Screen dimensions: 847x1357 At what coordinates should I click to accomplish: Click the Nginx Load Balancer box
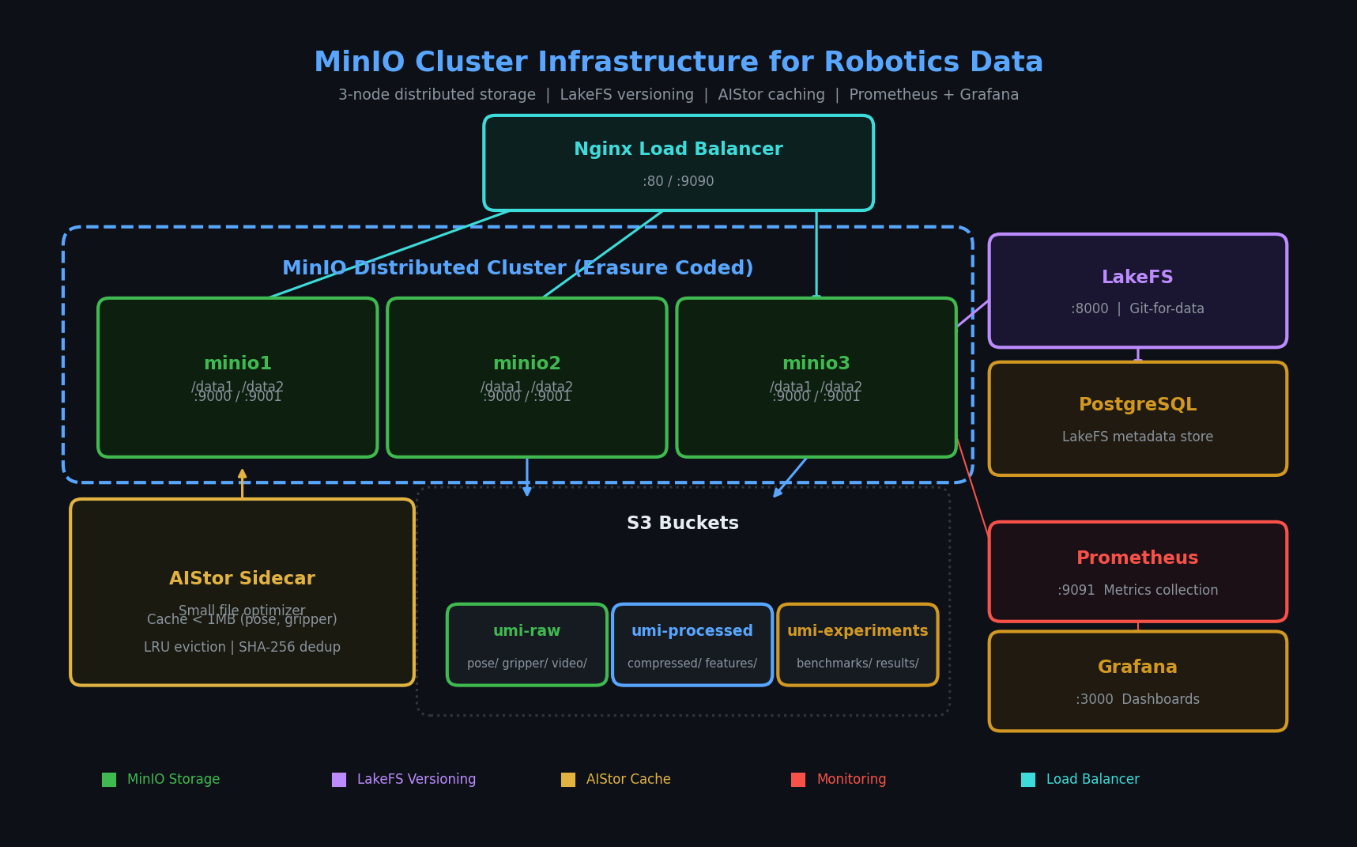tap(678, 163)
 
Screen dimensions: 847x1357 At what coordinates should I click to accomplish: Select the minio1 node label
tap(238, 364)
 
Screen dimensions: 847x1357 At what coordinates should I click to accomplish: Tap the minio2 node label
tap(527, 364)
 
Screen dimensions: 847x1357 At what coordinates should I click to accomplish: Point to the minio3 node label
tap(816, 364)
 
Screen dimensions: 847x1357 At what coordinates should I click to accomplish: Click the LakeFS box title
tap(1137, 278)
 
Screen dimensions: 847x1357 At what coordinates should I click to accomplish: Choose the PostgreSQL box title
tap(1137, 405)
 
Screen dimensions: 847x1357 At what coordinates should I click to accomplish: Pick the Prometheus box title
tap(1137, 558)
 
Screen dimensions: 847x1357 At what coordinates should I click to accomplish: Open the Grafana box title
tap(1137, 667)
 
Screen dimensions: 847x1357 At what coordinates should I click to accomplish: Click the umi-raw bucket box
tap(527, 645)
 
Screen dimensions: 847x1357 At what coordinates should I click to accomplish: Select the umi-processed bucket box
tap(692, 645)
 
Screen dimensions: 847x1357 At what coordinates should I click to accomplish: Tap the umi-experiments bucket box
tap(858, 645)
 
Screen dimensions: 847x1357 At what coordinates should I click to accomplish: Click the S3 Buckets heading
tap(683, 524)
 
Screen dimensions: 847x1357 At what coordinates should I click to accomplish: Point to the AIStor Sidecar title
tap(242, 579)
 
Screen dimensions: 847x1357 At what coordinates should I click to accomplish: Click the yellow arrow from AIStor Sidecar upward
tap(242, 483)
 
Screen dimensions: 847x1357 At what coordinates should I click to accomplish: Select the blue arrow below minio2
tap(527, 478)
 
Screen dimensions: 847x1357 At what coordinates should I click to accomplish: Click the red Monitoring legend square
tap(798, 780)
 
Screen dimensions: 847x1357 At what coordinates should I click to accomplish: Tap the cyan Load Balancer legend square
tap(1028, 780)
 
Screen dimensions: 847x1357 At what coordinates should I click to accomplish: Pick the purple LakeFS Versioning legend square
tap(339, 780)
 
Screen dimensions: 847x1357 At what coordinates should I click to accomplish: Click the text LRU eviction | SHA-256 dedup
tap(242, 648)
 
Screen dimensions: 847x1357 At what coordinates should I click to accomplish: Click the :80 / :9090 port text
tap(678, 182)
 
